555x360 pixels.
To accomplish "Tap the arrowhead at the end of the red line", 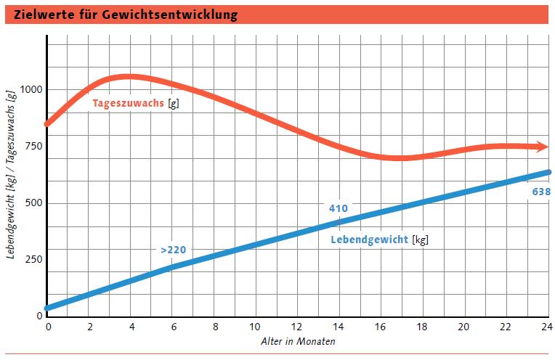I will [543, 147].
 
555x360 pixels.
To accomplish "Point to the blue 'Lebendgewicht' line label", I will [370, 240].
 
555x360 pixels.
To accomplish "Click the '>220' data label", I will [173, 250].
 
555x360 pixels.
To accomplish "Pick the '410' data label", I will [338, 208].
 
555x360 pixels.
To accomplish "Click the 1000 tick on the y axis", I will [32, 90].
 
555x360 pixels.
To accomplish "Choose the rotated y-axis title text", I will [11, 174].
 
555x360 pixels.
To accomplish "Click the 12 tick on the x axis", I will [298, 327].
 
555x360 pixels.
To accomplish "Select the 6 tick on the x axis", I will [173, 327].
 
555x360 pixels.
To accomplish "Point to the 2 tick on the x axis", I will [89, 327].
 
